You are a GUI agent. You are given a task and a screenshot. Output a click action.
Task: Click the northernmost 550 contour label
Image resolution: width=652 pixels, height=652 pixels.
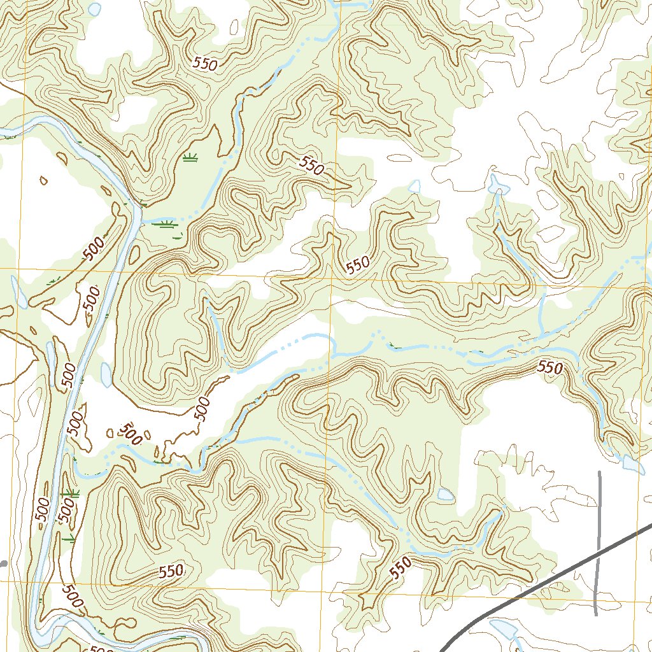(x=205, y=64)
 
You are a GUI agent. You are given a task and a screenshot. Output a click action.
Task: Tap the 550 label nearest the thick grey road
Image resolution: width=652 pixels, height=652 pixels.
(x=402, y=566)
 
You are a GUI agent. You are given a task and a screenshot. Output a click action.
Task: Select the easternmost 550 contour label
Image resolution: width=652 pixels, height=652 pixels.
(x=551, y=367)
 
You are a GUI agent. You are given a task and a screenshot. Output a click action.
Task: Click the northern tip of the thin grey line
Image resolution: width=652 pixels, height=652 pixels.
(x=600, y=472)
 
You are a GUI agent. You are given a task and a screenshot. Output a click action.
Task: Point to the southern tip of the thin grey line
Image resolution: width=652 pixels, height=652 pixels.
(x=595, y=614)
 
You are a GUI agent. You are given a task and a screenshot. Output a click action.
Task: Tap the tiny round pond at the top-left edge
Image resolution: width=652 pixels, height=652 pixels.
(x=94, y=10)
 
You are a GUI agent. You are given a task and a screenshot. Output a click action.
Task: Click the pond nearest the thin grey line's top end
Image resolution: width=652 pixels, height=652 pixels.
(x=633, y=464)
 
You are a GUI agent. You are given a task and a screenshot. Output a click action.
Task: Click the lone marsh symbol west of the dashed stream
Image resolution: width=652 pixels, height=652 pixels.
(x=189, y=158)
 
